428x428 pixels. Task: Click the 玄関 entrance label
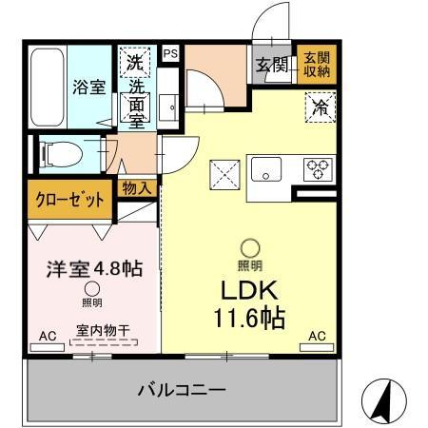tap(271, 66)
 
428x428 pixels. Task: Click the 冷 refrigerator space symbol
tap(320, 107)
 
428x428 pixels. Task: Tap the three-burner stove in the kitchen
tap(317, 169)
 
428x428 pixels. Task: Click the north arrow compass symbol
tap(380, 399)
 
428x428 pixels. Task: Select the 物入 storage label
tap(135, 188)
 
